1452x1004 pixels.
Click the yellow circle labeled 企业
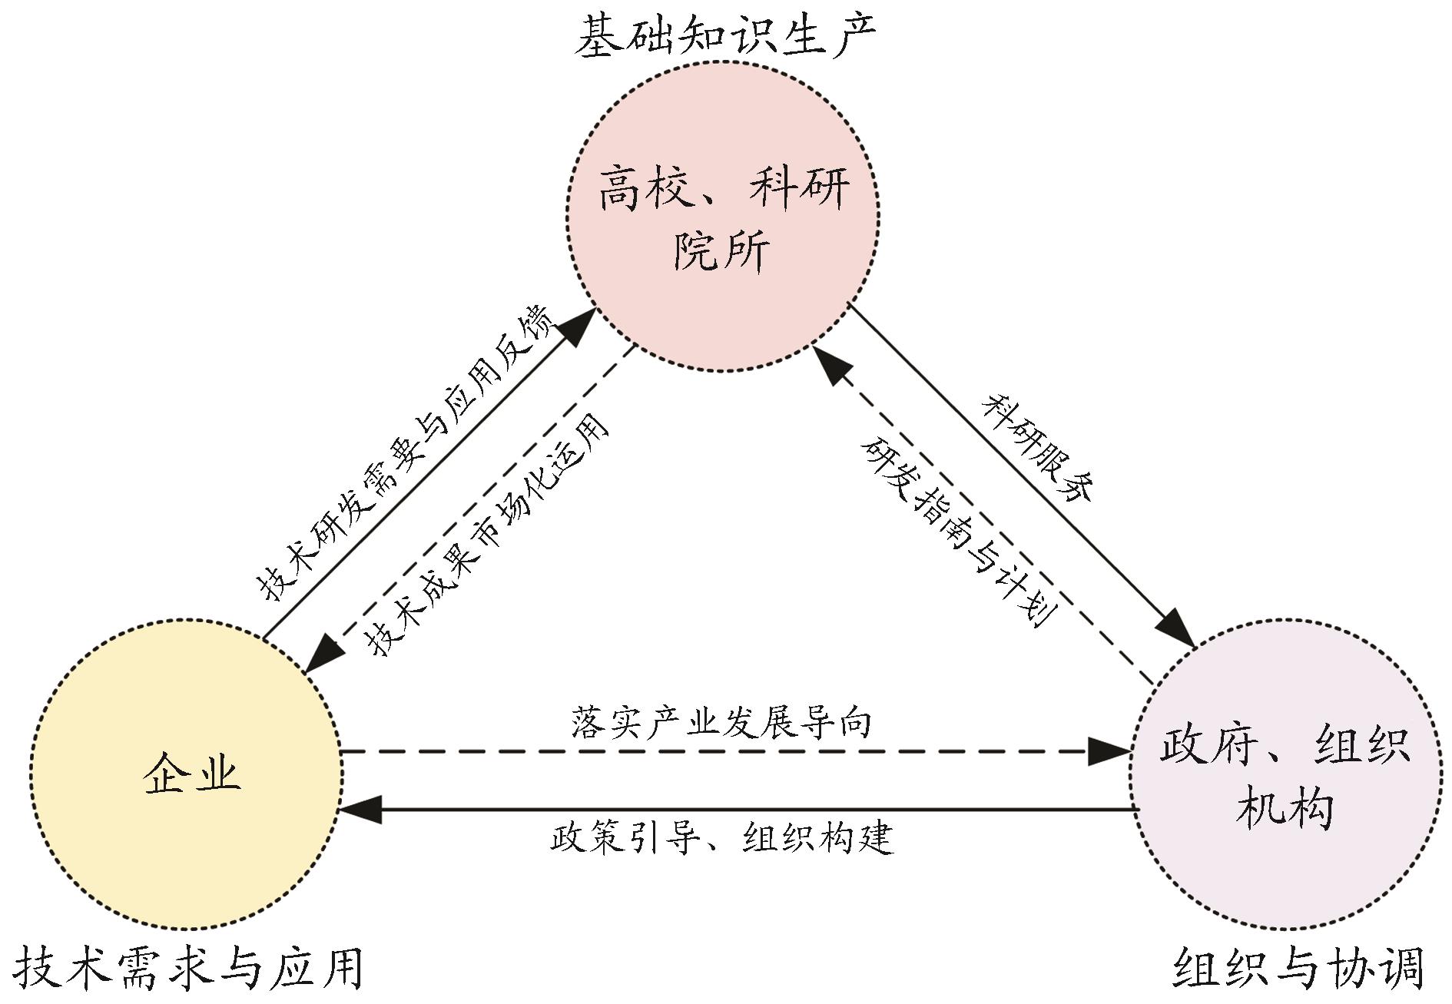(186, 775)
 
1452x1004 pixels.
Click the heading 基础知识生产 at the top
(725, 38)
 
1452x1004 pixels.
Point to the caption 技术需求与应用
(188, 969)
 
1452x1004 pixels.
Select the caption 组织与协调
(1298, 969)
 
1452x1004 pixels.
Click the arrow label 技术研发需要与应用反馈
(403, 453)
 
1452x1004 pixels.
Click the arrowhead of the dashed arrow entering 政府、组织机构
(1110, 751)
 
